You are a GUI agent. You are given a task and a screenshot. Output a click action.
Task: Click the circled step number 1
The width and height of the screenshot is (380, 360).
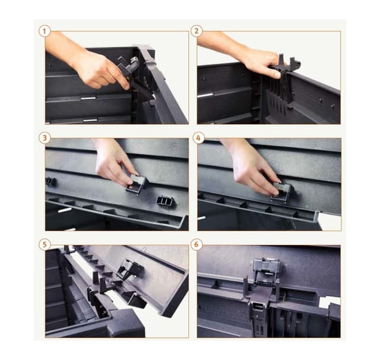click(x=45, y=31)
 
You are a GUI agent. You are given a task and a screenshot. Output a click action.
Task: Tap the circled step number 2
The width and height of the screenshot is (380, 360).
click(x=197, y=31)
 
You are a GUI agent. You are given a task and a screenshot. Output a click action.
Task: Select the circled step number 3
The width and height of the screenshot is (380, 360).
click(x=45, y=138)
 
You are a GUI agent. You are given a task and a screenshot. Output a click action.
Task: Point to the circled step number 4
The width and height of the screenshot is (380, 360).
click(x=198, y=138)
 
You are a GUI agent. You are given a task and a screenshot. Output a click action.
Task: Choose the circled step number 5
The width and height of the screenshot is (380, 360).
click(x=45, y=244)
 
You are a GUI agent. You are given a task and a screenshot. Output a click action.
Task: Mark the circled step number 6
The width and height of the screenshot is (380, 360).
click(x=197, y=244)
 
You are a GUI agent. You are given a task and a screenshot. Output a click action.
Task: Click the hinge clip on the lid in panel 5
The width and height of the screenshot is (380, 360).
click(x=130, y=269)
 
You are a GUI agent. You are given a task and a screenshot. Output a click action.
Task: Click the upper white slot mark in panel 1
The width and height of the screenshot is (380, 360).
click(x=88, y=98)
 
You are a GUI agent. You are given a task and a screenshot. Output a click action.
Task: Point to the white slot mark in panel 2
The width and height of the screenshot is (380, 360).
click(x=205, y=95)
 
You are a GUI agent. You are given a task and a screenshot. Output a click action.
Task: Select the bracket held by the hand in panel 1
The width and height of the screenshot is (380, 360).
click(x=136, y=78)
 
